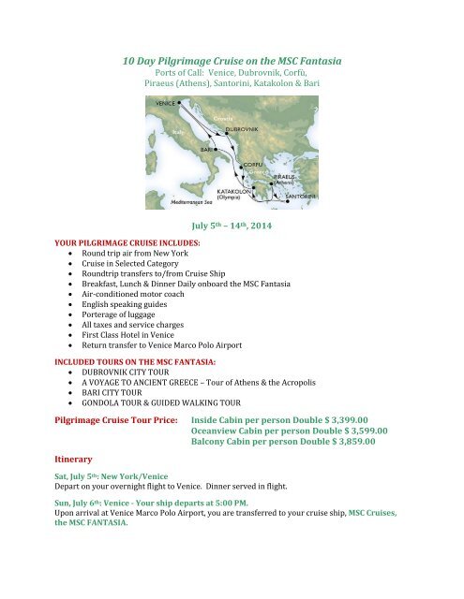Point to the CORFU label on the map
pos(255,165)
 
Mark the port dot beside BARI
pos(217,148)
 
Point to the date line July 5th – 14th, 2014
pos(231,225)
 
